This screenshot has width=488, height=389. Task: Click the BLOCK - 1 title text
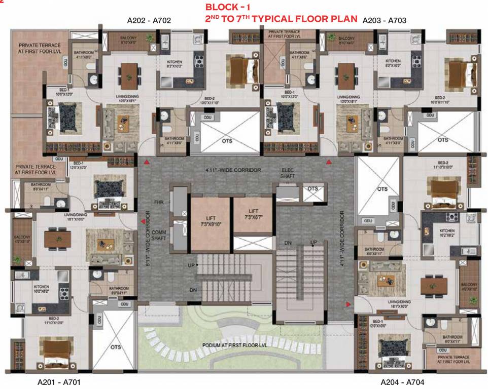coord(228,8)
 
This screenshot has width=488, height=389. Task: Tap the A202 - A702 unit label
coord(149,21)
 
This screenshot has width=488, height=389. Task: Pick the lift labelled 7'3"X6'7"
coord(253,214)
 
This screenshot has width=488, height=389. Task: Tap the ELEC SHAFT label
coord(288,173)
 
